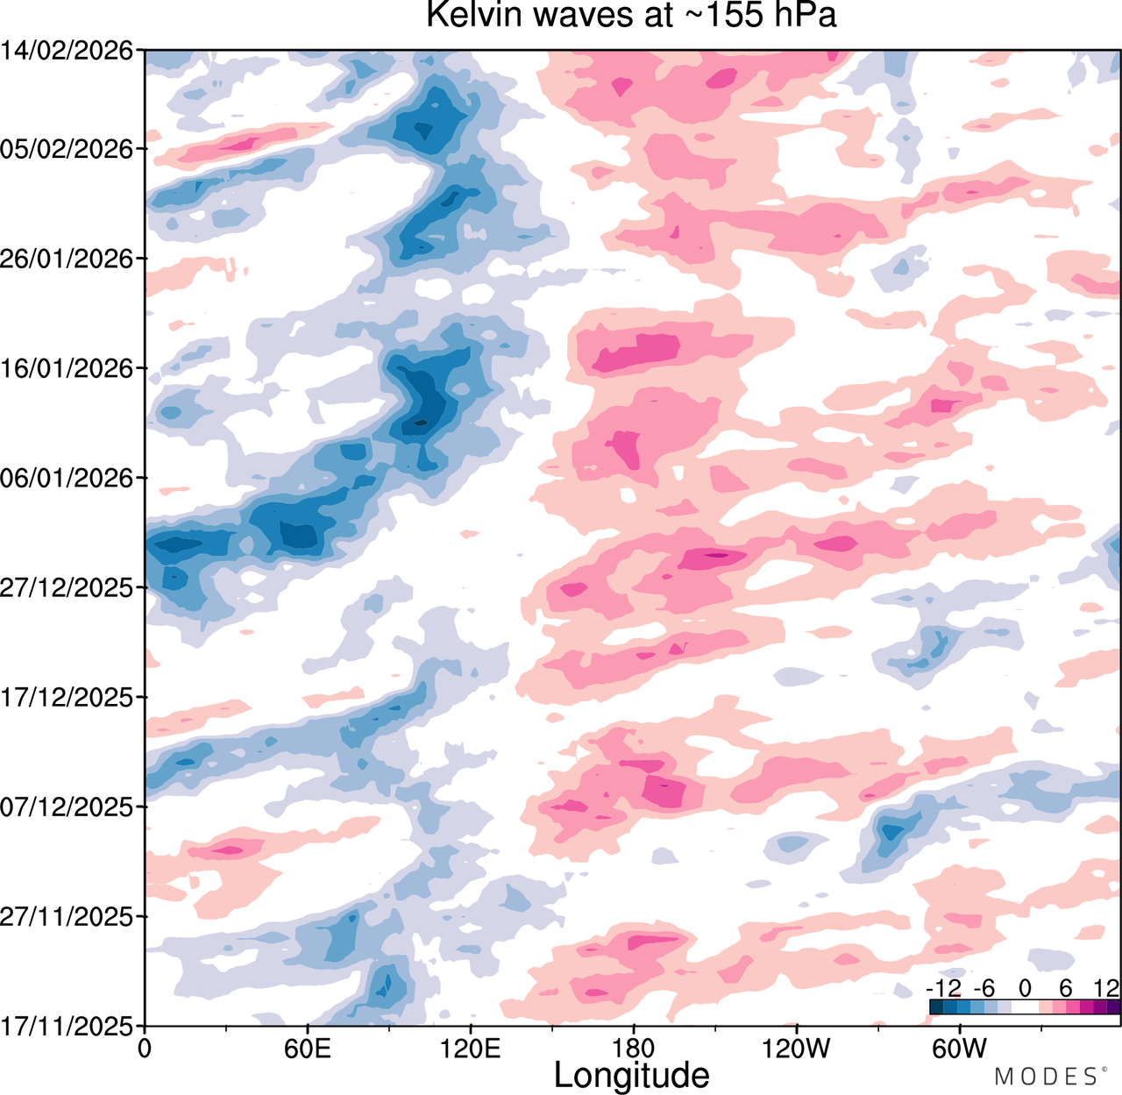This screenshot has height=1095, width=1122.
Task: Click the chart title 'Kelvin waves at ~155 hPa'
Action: click(631, 15)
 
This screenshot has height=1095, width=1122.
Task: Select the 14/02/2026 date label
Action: click(67, 51)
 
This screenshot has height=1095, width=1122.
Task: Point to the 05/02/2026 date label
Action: click(67, 149)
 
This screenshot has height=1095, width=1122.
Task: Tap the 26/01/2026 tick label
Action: click(67, 259)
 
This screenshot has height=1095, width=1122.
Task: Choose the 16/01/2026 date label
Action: click(67, 368)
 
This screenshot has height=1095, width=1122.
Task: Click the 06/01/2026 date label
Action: click(67, 478)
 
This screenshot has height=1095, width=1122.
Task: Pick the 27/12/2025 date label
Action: click(67, 587)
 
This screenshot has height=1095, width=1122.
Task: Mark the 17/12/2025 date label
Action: click(67, 698)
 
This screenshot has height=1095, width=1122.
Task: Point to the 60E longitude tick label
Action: click(308, 1049)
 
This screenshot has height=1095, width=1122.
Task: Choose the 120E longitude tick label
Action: click(471, 1049)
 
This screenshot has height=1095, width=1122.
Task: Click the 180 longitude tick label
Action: click(634, 1049)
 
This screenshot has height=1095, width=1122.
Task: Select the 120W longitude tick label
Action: click(796, 1049)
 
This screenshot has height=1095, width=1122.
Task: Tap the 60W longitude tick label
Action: click(960, 1049)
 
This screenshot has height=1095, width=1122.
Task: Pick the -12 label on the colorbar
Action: click(944, 988)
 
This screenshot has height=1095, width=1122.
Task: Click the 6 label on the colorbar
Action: click(1066, 988)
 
